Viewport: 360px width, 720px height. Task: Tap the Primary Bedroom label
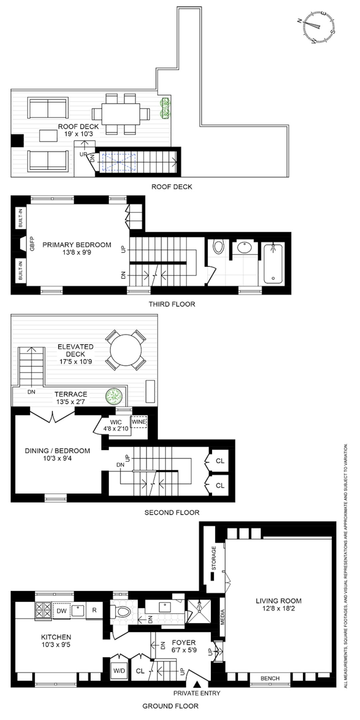(x=77, y=245)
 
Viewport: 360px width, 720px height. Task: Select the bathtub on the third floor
(x=273, y=263)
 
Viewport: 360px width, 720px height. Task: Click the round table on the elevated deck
(x=126, y=350)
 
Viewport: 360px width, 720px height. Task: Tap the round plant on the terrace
(x=115, y=396)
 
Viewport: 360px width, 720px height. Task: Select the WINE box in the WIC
(x=139, y=422)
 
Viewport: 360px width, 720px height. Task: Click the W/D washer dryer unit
(x=119, y=670)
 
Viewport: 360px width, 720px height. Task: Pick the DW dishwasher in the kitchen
(x=61, y=610)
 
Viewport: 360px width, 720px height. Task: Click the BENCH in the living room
(x=270, y=678)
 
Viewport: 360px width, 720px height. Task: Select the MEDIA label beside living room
(x=222, y=617)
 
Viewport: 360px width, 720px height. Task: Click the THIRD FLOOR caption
(x=172, y=304)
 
